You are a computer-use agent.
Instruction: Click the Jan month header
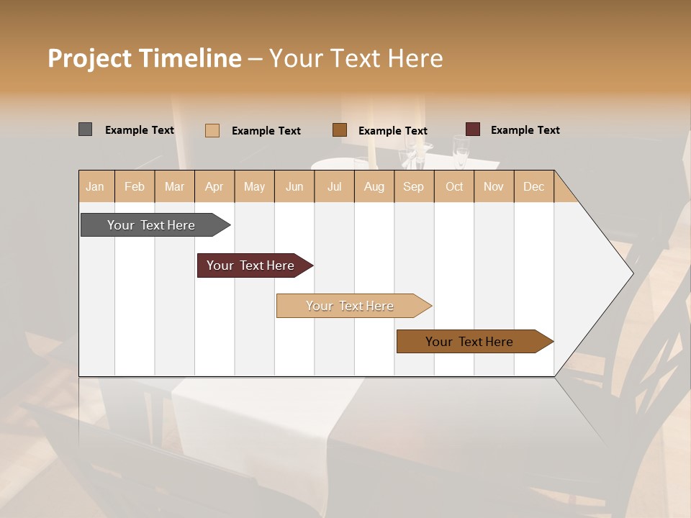(96, 186)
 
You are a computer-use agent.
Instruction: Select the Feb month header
(135, 186)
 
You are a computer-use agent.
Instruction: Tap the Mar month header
(174, 186)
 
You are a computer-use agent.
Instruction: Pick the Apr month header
(214, 186)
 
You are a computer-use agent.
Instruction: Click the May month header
(254, 186)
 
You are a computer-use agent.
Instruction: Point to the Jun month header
(294, 186)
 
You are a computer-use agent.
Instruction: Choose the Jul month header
(334, 186)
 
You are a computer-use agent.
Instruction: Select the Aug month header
(374, 186)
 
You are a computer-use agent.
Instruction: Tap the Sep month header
(413, 186)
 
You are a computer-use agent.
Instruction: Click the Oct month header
(454, 186)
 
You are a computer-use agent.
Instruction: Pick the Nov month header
(493, 186)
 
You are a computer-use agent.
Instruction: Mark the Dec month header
(533, 186)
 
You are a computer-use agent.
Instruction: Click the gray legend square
(86, 129)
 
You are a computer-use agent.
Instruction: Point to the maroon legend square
(473, 129)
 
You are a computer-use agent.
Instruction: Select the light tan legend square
(212, 130)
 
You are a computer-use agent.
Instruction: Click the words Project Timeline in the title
(145, 58)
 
